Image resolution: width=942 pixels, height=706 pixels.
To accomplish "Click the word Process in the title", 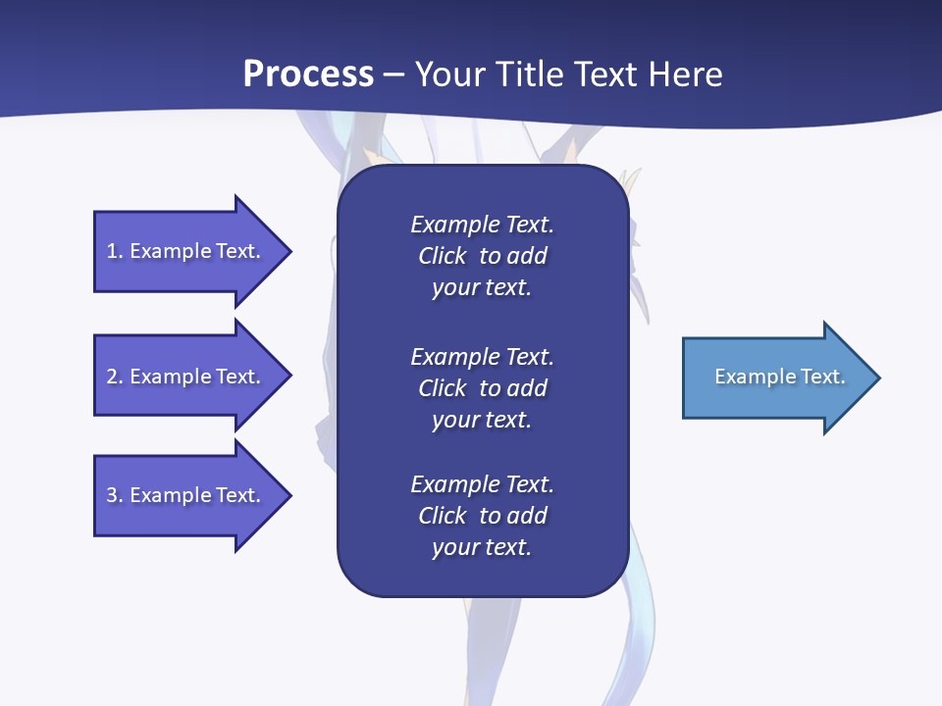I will (x=308, y=75).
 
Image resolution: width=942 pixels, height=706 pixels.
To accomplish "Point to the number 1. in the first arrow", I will (x=115, y=251).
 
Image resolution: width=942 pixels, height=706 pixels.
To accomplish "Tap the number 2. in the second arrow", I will (x=115, y=377).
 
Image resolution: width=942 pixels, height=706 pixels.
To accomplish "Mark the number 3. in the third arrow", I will (x=115, y=495).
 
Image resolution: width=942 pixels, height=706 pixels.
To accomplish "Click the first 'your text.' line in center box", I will (x=482, y=288).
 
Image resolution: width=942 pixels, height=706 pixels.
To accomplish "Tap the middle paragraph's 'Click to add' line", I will (x=482, y=388).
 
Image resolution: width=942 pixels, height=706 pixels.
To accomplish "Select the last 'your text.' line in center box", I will (x=482, y=548).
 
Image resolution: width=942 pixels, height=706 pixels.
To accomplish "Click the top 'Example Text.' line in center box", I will (x=482, y=225).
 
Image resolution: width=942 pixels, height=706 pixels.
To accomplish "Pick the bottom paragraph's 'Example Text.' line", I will (x=482, y=484).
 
